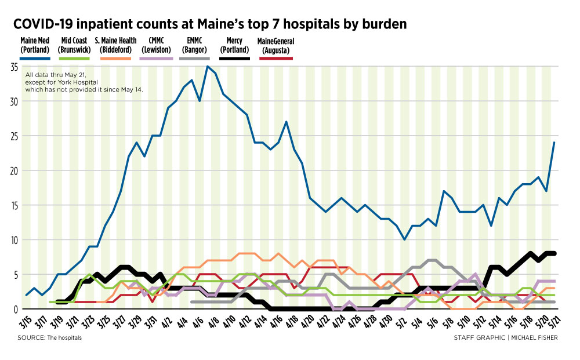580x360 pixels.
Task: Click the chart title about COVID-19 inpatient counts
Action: coord(210,24)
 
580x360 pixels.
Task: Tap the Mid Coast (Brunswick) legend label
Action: coord(75,45)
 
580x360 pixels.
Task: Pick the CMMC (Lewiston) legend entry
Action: coord(156,45)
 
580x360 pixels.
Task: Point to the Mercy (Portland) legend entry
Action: coord(235,45)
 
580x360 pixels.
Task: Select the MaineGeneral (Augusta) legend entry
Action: coord(275,45)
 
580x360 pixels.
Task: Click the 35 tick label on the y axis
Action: coord(14,67)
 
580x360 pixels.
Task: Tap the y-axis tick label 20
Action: coord(14,170)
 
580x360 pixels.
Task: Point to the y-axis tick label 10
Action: coord(14,239)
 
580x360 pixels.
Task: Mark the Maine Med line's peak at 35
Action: coord(207,67)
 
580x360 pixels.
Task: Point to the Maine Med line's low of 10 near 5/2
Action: coord(404,239)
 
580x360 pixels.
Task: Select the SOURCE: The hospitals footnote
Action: coord(49,337)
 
